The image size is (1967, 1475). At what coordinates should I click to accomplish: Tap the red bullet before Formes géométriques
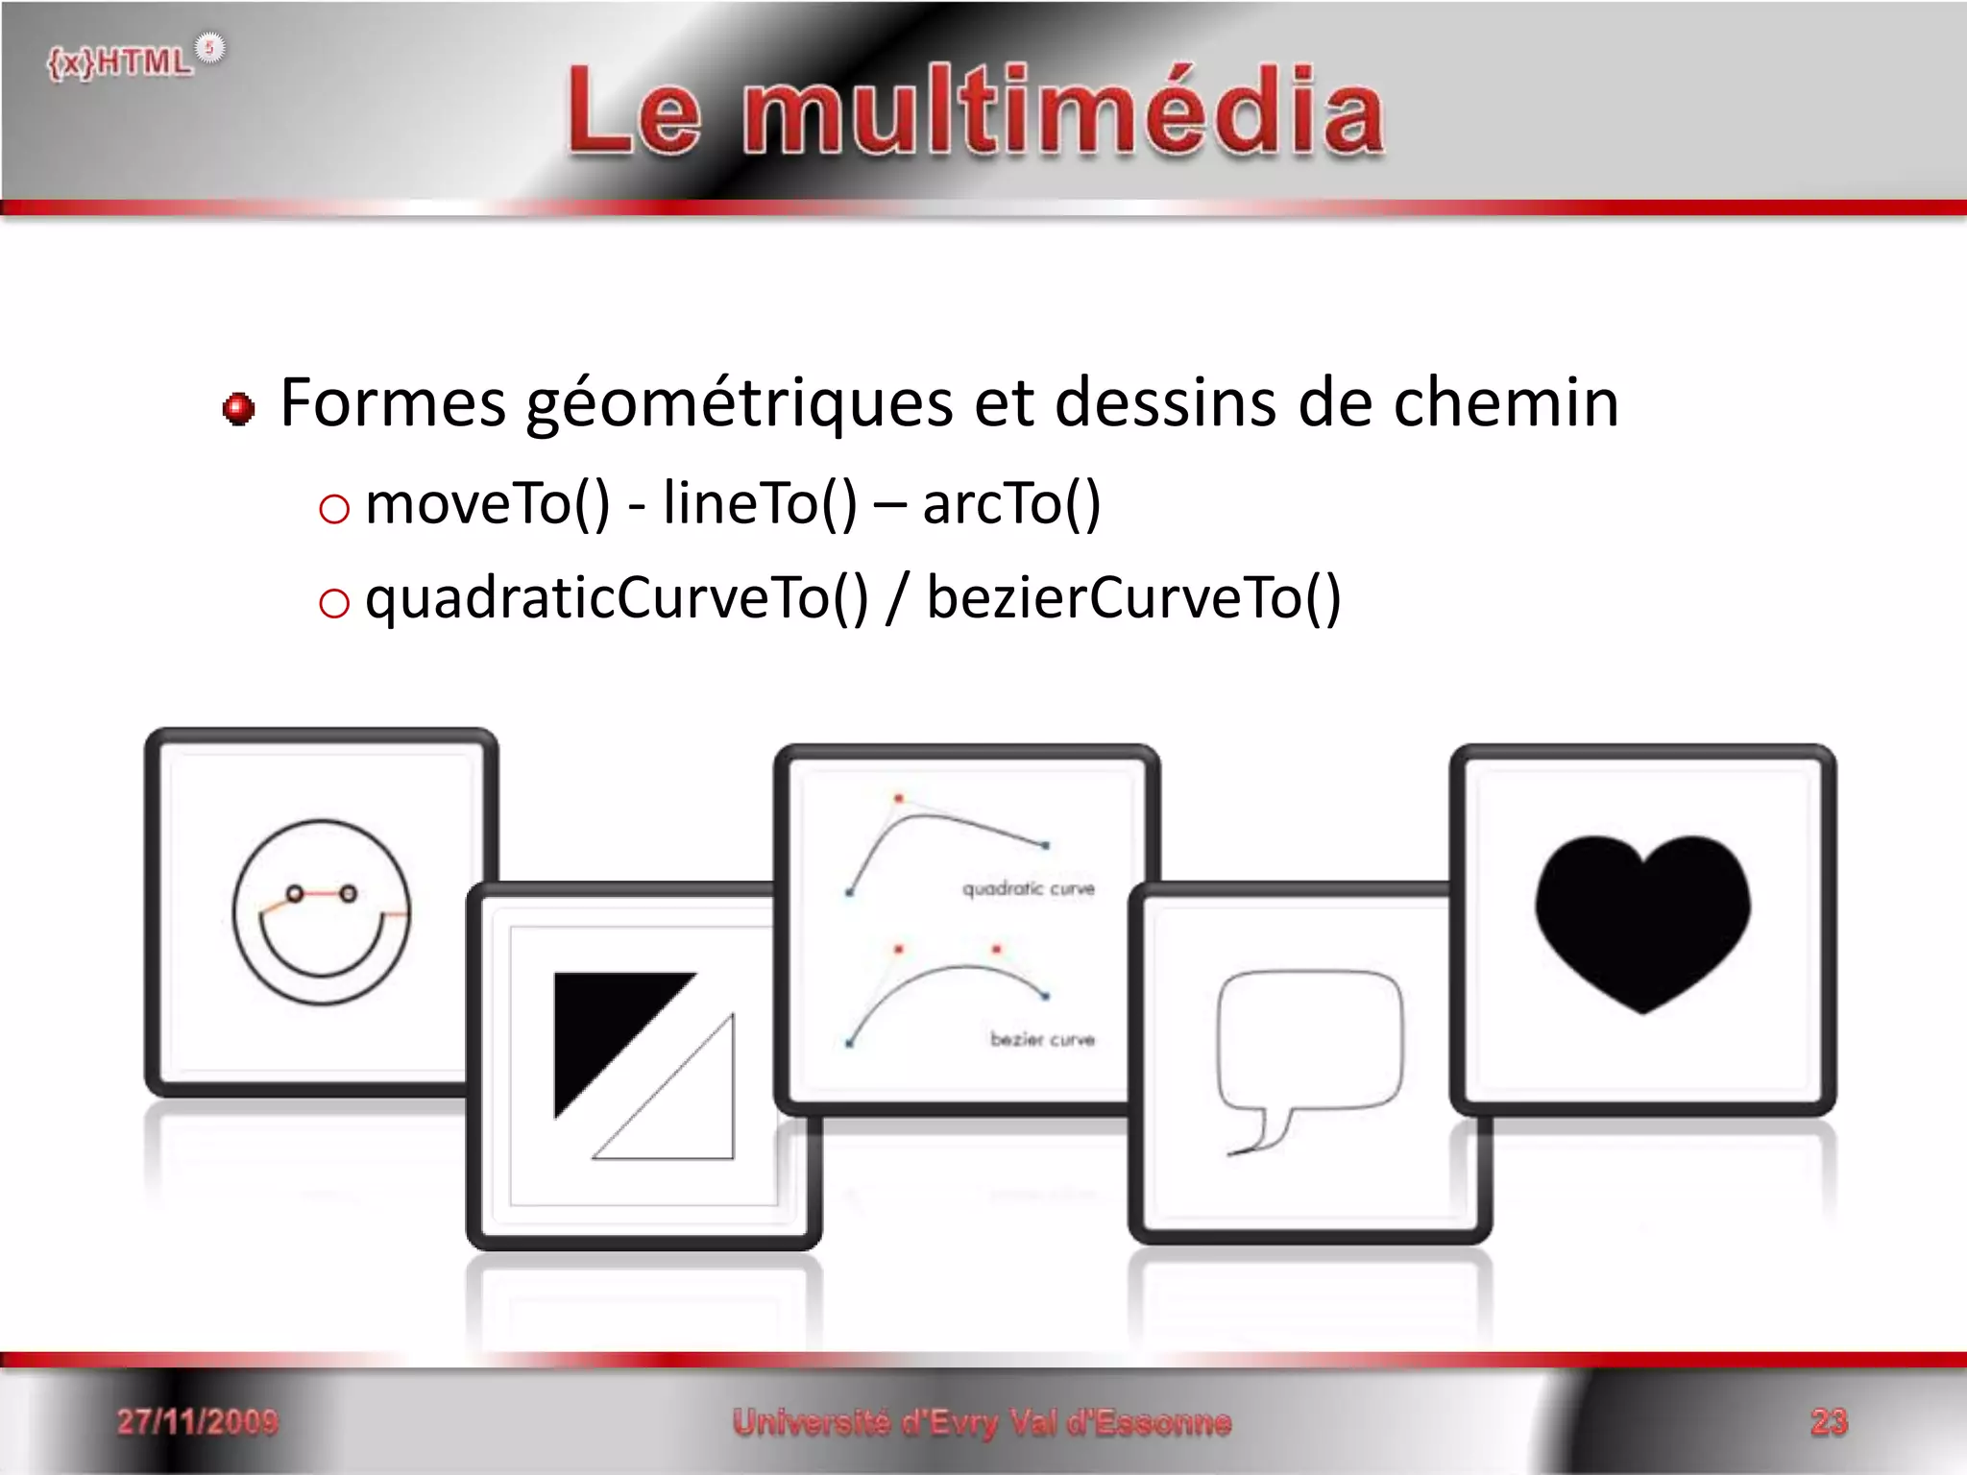pos(238,409)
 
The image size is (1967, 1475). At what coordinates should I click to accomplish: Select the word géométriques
pos(739,404)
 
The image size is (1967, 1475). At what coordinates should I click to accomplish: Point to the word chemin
pos(1505,402)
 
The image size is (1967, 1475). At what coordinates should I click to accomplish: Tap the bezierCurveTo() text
pos(1133,598)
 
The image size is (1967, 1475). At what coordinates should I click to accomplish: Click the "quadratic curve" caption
pos(1028,889)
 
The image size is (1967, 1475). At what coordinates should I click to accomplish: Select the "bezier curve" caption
pos(1042,1039)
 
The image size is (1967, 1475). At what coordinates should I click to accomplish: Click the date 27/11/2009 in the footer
pos(198,1421)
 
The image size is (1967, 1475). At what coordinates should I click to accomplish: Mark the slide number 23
pos(1829,1421)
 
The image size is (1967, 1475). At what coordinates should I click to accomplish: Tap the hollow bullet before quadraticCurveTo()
pos(333,603)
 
